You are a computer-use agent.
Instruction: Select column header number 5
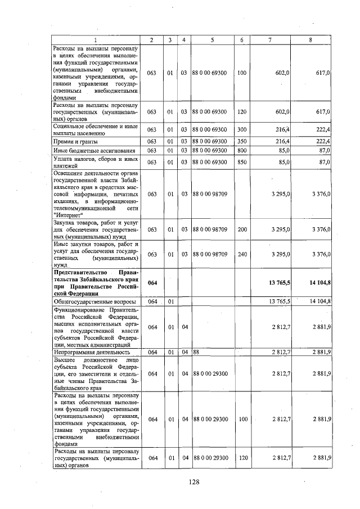(x=213, y=40)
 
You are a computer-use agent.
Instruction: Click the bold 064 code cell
(x=151, y=283)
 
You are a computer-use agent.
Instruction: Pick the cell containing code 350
(x=242, y=141)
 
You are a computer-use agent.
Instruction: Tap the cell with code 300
(x=242, y=130)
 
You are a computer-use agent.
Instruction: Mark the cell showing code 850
(x=242, y=163)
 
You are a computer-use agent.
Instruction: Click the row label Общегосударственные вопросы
(x=89, y=301)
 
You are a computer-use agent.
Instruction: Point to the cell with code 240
(x=242, y=254)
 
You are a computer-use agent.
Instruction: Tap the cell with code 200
(x=242, y=229)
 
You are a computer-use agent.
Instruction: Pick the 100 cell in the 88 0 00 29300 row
(x=242, y=419)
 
